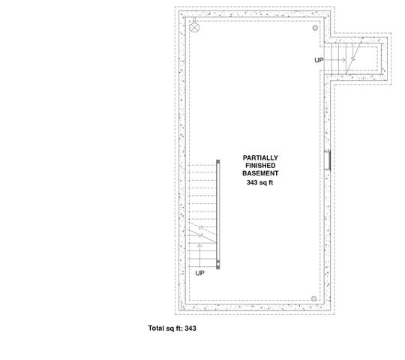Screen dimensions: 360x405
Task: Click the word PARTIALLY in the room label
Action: pos(260,157)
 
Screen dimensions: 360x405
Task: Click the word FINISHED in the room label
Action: pos(260,166)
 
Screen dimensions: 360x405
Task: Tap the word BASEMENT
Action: pos(260,174)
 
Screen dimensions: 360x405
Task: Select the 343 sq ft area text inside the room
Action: pos(260,182)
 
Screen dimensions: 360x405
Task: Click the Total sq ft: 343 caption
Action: pos(172,328)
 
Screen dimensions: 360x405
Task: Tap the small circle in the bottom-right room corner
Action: pos(313,298)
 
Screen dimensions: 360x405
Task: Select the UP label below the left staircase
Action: pos(200,273)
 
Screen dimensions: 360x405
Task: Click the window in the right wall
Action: pos(328,162)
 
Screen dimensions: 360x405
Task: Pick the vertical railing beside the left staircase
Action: pos(217,214)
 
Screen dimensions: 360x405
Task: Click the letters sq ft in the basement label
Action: pos(266,182)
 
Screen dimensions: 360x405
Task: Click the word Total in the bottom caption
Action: pos(156,328)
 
